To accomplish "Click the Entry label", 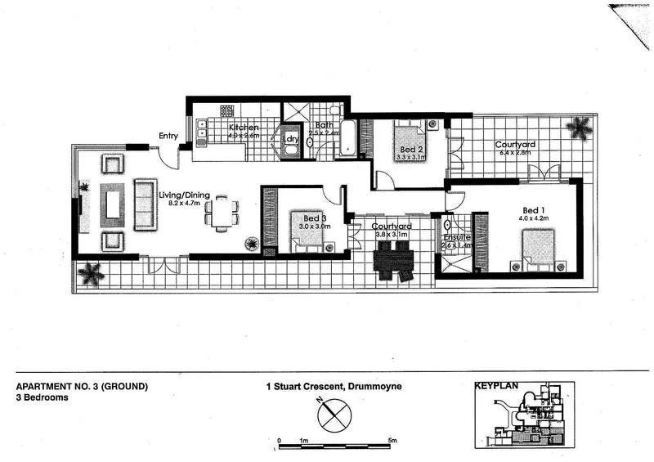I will (x=168, y=137).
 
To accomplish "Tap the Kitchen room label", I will (x=244, y=128).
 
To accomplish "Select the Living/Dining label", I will (x=190, y=195).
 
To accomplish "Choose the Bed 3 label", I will (x=315, y=218).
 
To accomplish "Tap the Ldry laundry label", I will (x=290, y=139).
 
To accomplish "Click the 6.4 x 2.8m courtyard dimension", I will (x=513, y=152).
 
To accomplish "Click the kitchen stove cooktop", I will (x=226, y=110).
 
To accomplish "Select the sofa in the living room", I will (x=145, y=204).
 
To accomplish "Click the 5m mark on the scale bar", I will (x=393, y=442).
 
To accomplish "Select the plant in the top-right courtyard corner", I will (x=580, y=128).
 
